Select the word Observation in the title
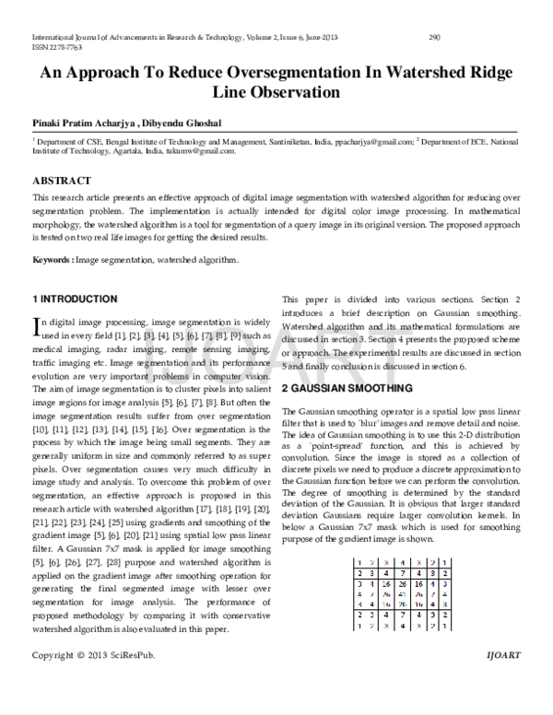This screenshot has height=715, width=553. pyautogui.click(x=290, y=93)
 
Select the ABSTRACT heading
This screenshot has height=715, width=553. pyautogui.click(x=62, y=181)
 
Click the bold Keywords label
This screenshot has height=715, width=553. pyautogui.click(x=52, y=261)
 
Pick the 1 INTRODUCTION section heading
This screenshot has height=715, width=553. pyautogui.click(x=75, y=299)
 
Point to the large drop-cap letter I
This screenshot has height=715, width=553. pyautogui.click(x=37, y=326)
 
